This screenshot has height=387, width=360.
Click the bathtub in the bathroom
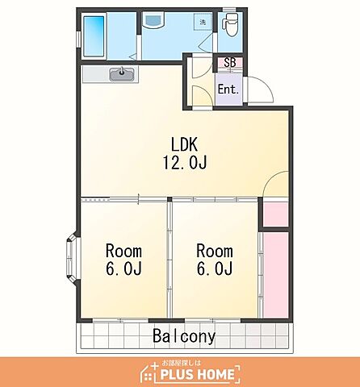pos(94,36)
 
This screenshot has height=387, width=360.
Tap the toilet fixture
pos(230,24)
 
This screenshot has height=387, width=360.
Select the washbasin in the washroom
pos(153,19)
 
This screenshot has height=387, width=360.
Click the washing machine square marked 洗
pos(203,22)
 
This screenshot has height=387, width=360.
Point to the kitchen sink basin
pos(122,74)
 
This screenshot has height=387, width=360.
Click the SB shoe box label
pos(230,63)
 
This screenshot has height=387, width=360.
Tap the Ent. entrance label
pos(228,89)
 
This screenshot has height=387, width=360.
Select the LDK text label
pos(185,144)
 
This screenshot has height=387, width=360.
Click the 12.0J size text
pos(185,162)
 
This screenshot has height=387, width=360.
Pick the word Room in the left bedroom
pos(123,251)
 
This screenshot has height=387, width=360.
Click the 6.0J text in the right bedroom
pos(215,268)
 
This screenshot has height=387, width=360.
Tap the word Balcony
pos(184,336)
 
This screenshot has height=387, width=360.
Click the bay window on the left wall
pos(72,258)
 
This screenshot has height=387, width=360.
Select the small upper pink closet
pos(276,214)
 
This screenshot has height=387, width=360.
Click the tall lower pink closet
pos(276,275)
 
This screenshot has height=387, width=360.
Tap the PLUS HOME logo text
pos(197,375)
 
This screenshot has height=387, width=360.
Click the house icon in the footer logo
pos(150,373)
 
